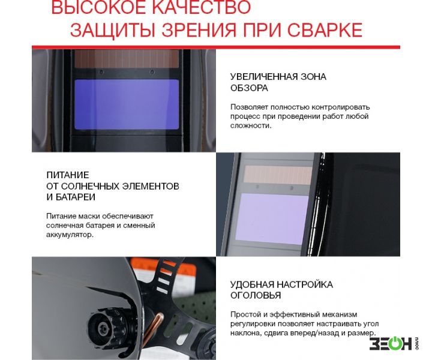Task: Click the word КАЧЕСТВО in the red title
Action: (x=202, y=7)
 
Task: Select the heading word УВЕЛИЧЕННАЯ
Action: (x=263, y=77)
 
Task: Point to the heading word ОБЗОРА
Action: (x=249, y=88)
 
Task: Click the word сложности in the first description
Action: (x=251, y=125)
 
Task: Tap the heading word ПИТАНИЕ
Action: (x=68, y=175)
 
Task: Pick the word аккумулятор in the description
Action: (x=70, y=235)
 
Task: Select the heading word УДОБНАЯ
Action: (x=252, y=284)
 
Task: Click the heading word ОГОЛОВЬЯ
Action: (x=256, y=296)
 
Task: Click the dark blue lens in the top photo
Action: (x=127, y=104)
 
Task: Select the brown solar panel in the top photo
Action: (x=127, y=59)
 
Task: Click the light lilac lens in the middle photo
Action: (x=272, y=218)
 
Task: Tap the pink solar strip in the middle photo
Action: (x=278, y=175)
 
